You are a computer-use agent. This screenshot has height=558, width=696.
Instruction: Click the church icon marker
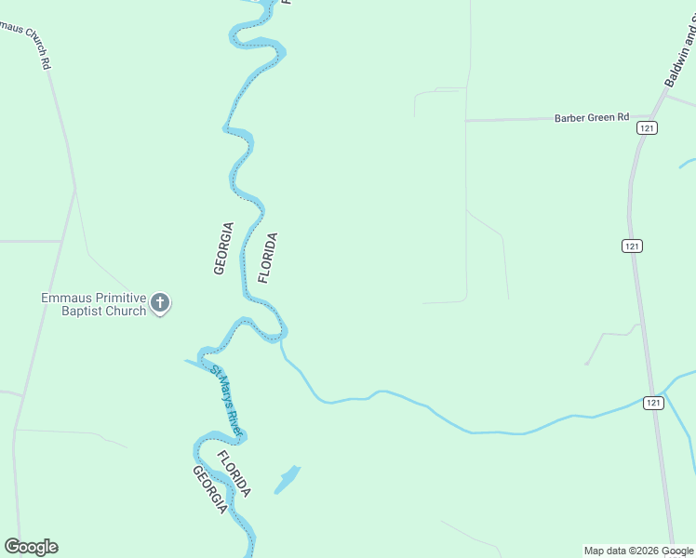(160, 302)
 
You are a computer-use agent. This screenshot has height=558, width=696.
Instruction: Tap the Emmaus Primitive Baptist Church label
(93, 304)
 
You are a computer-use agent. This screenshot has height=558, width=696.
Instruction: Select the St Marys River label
(226, 402)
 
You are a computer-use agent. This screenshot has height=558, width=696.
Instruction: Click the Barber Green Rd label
(592, 118)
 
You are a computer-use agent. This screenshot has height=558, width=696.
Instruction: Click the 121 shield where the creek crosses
(653, 402)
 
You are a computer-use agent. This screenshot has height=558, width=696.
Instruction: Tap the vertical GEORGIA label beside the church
(221, 247)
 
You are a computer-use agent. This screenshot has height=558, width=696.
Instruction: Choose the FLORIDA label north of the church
(268, 258)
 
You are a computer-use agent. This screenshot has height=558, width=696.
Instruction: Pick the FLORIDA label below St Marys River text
(234, 473)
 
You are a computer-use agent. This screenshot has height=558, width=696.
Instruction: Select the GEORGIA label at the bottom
(209, 489)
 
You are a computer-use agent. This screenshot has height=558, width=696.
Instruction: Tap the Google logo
(31, 547)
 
